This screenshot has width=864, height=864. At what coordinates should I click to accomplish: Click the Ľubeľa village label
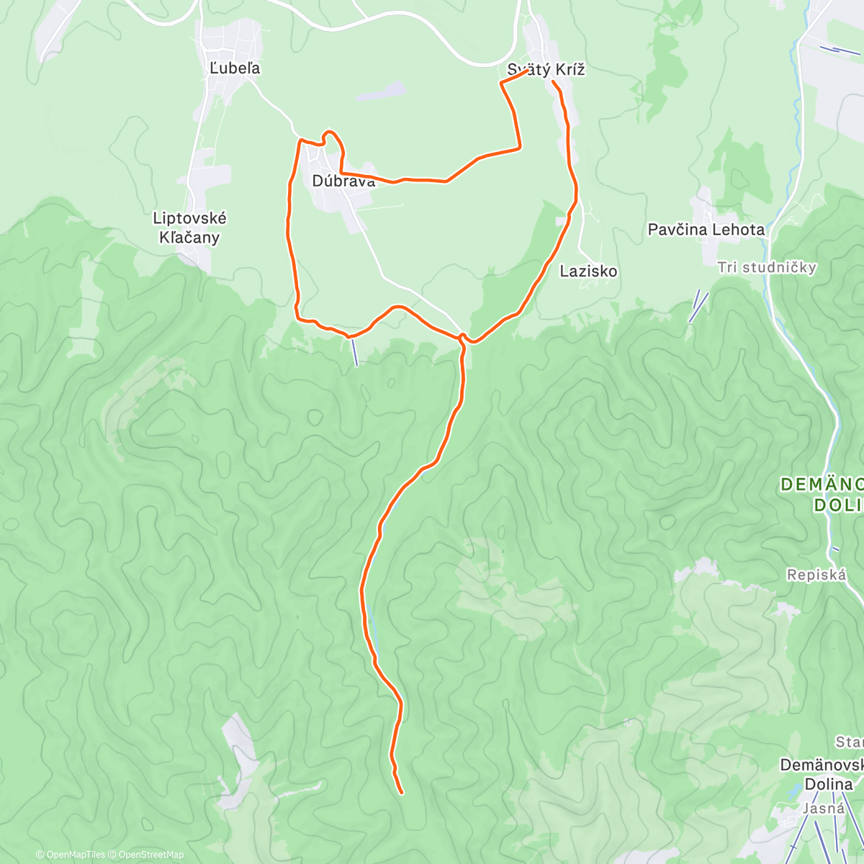(235, 68)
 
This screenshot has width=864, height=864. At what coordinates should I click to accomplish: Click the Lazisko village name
(589, 271)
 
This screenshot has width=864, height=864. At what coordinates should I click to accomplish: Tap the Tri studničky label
(767, 268)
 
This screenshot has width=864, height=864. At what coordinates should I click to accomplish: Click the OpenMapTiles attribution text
(71, 855)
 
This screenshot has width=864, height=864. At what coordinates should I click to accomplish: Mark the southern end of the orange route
(401, 793)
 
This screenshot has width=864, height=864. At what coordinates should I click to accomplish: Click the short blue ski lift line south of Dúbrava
(354, 351)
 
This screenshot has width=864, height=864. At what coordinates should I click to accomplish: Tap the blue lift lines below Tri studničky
(698, 305)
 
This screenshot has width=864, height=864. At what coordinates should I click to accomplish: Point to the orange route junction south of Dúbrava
(462, 337)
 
